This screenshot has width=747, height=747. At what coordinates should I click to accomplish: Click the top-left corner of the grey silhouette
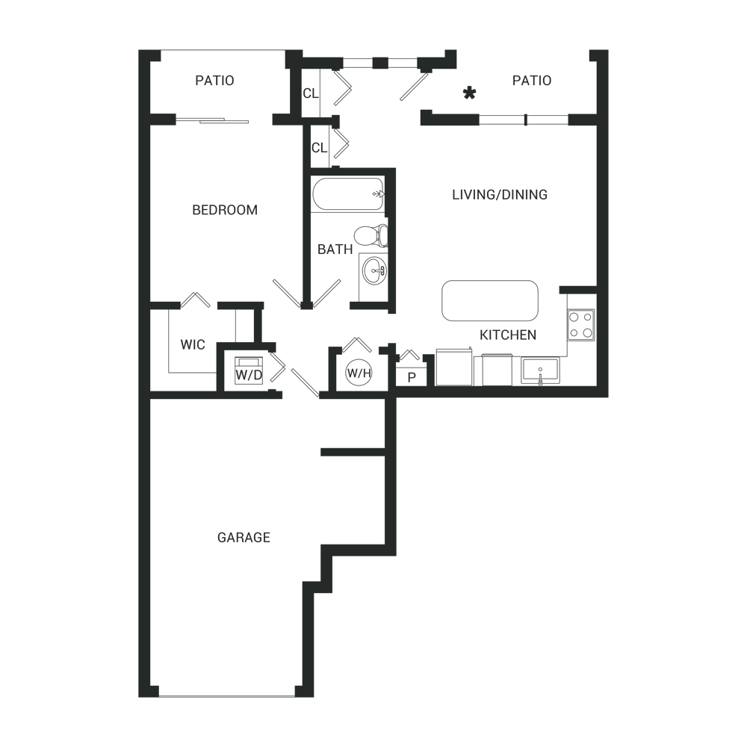139,50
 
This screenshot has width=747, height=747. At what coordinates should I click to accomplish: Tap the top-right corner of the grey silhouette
608,50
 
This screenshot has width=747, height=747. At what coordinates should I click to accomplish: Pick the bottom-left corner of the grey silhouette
139,697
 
